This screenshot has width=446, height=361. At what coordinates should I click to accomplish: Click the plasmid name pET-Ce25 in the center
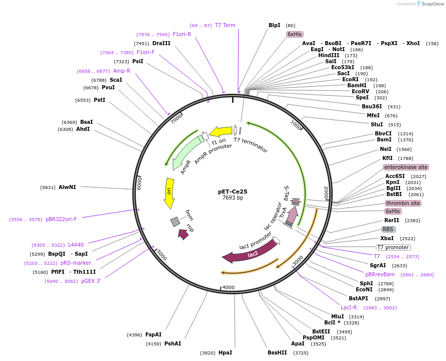click(233, 191)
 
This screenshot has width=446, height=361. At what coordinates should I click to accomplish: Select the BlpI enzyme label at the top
click(274, 25)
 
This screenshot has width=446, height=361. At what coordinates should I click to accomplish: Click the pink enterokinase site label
click(406, 167)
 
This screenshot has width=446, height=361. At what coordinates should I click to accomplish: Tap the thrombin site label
click(403, 203)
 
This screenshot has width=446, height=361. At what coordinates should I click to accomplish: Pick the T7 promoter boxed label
click(393, 247)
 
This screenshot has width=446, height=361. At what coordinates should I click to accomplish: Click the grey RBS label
click(388, 229)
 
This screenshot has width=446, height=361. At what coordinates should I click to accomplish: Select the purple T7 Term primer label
click(225, 25)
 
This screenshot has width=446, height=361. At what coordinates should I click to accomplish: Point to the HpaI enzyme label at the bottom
click(225, 352)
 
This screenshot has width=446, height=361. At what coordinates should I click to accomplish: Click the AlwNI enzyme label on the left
click(67, 187)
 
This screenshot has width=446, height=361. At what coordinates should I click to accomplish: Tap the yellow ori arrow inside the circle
click(169, 193)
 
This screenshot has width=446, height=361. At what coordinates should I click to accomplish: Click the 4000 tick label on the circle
click(228, 287)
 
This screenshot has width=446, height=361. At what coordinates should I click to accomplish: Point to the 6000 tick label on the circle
click(140, 183)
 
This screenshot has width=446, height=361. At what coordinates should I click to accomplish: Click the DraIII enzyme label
click(161, 44)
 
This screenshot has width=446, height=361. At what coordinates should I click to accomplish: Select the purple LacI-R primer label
click(349, 307)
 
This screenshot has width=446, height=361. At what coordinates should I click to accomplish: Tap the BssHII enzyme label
click(277, 352)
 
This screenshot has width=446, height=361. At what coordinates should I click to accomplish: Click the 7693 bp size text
click(233, 198)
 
